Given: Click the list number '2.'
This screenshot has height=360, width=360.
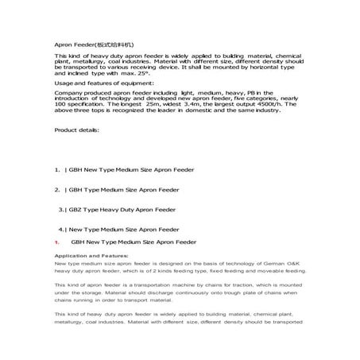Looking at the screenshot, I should pos(57,190).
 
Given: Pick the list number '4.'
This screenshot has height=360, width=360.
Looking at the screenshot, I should pos(62,230).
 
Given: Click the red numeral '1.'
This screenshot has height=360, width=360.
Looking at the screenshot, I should pos(57,242).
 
